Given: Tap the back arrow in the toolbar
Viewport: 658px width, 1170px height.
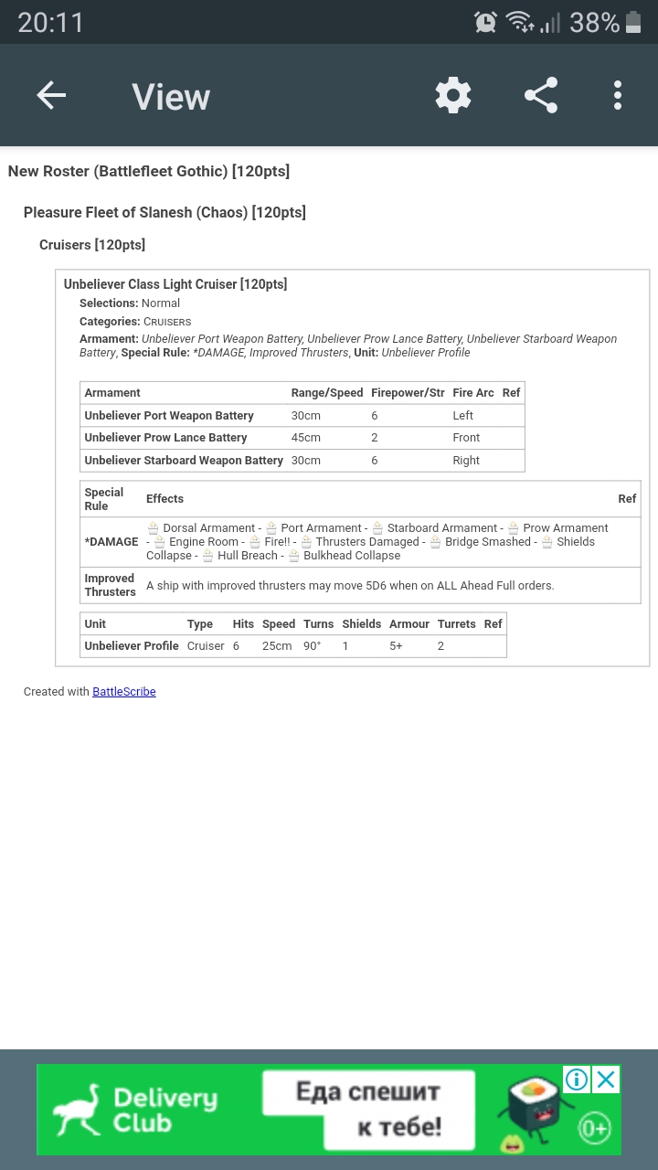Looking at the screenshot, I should coord(51,95).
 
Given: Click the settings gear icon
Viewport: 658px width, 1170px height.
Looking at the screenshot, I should coord(453,95).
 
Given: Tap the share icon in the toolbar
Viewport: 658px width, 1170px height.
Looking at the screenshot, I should coord(541,95).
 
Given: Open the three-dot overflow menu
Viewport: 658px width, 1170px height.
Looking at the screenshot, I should coord(618,95).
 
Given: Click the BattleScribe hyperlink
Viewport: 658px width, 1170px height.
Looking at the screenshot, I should coord(124,692).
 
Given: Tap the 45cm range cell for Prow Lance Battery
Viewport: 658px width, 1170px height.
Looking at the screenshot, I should coord(306,438).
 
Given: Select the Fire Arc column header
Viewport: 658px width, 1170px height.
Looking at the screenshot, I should coord(473,393).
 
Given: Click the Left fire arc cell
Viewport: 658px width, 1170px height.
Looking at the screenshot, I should coord(463,416).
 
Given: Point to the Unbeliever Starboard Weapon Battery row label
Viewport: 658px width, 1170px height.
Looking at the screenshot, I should coord(184,461).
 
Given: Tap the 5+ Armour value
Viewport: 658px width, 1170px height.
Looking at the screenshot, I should coord(396,646).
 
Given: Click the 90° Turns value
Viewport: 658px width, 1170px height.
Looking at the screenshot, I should coord(313,646).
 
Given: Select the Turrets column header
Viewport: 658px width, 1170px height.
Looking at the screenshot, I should coord(457,624).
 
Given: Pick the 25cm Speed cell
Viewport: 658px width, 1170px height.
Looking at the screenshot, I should coord(277,646).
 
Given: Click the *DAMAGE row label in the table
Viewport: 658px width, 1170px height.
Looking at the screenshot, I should coord(111,542).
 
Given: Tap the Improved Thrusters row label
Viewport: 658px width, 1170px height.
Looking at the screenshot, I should coord(110,585).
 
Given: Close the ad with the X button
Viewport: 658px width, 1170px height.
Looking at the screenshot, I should coord(606,1080).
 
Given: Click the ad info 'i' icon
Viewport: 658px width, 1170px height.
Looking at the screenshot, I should coord(577,1080).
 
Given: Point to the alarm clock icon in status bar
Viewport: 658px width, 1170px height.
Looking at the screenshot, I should coord(485,22).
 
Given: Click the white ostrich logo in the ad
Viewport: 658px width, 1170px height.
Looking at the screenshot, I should coord(77,1110).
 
